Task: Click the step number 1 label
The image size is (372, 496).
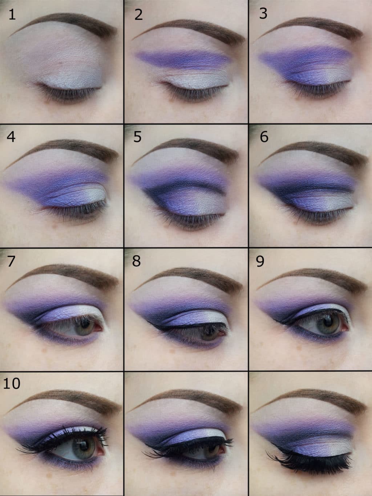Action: pyautogui.click(x=12, y=15)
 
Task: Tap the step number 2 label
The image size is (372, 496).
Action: pyautogui.click(x=138, y=15)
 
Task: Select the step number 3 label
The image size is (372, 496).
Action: pyautogui.click(x=263, y=13)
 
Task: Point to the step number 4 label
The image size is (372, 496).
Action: pyautogui.click(x=11, y=137)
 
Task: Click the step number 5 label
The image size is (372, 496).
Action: pyautogui.click(x=137, y=137)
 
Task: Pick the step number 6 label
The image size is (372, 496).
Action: pyautogui.click(x=264, y=137)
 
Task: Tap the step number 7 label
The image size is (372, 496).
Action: pyautogui.click(x=11, y=261)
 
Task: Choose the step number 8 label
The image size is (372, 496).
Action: pyautogui.click(x=137, y=261)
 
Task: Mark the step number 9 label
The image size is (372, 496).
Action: pyautogui.click(x=260, y=262)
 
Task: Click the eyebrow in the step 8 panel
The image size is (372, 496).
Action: pyautogui.click(x=190, y=278)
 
